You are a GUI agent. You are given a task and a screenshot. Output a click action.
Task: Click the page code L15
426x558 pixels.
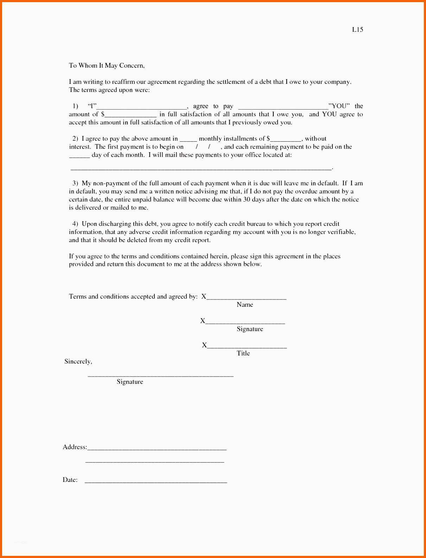357,30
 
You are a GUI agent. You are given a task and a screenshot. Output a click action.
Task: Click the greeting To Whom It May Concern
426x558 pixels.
107,66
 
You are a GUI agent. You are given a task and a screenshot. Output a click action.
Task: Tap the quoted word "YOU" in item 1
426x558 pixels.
339,106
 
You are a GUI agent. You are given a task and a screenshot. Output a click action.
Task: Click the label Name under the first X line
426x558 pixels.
245,305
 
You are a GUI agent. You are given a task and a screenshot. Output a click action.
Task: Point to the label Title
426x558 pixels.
243,353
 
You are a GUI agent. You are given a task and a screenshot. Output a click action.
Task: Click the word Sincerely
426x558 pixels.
78,361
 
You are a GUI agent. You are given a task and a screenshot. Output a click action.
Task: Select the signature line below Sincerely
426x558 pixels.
160,376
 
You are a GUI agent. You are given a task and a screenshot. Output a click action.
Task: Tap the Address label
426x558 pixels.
75,447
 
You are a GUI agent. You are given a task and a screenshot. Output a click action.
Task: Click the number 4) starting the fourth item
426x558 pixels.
75,224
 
